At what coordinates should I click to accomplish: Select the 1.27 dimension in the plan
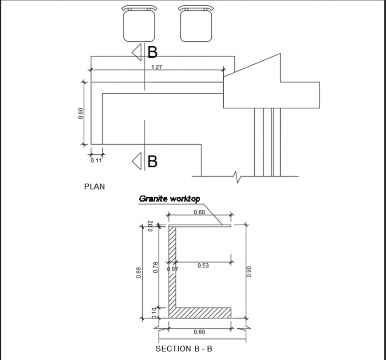coord(156,67)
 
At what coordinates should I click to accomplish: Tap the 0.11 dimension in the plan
coord(96,160)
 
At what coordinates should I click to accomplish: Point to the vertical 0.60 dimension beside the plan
coord(81,113)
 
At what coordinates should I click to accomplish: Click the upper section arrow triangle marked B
coord(137,52)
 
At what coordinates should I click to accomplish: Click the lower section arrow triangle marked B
coord(137,160)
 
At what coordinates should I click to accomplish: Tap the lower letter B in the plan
coord(152,161)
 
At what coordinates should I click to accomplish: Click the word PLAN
coord(95,187)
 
